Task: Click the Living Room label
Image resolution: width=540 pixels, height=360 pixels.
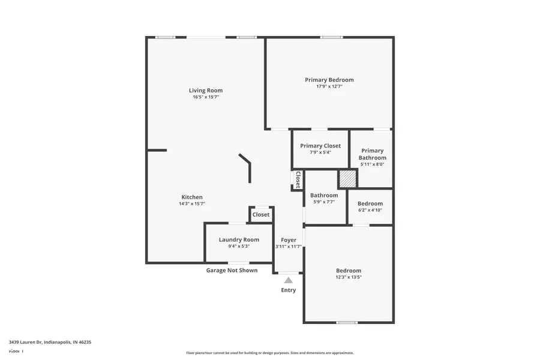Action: coord(206,91)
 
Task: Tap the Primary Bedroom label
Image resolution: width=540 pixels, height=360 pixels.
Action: coord(329,80)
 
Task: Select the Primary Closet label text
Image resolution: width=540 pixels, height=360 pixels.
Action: coord(320,146)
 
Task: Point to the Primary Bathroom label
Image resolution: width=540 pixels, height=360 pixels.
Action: coord(372,154)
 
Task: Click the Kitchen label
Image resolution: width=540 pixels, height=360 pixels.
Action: coord(192,197)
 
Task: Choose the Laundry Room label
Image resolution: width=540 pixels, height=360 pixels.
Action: coord(239,240)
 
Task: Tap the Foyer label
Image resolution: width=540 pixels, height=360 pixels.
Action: coord(289,240)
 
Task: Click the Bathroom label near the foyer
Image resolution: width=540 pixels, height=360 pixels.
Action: coord(324,195)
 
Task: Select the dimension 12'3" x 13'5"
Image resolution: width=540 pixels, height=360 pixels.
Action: coord(349,277)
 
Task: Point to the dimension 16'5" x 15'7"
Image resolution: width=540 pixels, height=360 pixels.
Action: coord(206,97)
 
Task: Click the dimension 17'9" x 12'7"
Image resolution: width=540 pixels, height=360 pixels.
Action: coord(329,86)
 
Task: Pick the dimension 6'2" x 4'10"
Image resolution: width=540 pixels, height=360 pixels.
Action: coord(370,210)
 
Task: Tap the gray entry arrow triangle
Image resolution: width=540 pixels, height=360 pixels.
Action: coord(289,280)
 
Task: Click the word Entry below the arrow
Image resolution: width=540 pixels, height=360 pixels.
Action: coord(289,290)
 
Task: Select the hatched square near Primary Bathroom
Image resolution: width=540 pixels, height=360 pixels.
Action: coord(347,179)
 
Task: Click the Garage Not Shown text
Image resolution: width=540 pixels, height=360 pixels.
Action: coord(232,271)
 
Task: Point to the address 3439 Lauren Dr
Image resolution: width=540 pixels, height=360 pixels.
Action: coord(50,342)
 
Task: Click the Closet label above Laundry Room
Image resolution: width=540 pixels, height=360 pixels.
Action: coord(261,215)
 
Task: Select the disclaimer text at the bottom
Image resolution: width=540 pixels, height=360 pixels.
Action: coord(269,353)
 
